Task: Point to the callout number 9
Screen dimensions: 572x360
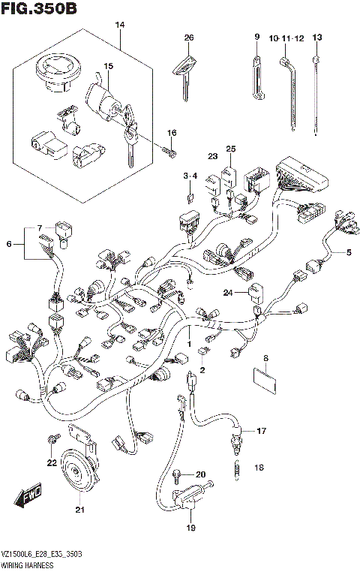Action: (x=256, y=37)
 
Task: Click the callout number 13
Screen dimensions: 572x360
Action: (x=316, y=37)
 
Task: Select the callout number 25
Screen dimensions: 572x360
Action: (x=231, y=149)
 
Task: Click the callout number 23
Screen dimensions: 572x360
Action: (x=212, y=156)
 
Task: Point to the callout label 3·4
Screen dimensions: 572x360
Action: (x=190, y=176)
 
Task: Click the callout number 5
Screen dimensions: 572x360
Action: (x=348, y=252)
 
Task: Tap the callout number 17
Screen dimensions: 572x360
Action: (x=261, y=431)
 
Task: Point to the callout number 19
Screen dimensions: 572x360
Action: (x=190, y=528)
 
